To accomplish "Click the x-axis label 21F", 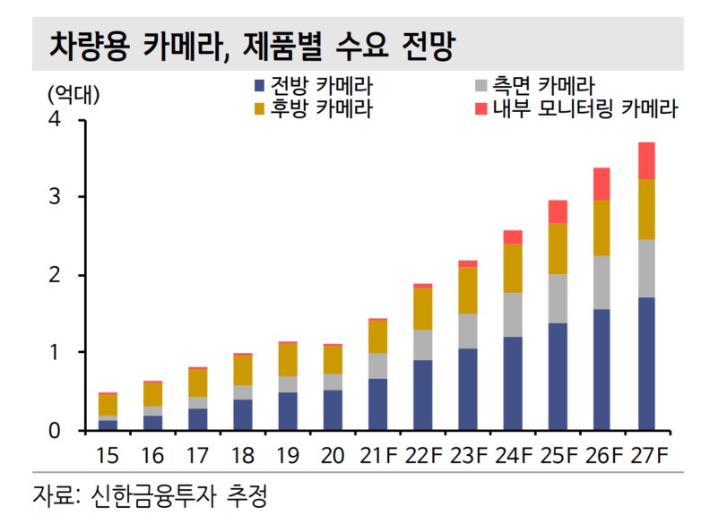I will (377, 457).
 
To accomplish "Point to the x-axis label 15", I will (108, 457).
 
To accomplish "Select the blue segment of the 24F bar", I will (512, 383).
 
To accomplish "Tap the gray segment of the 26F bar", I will (602, 282).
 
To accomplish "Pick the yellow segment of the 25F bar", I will (558, 249).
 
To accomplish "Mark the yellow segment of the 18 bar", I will (243, 370).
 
